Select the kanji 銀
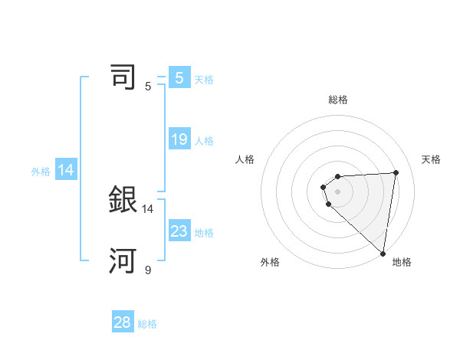pyautogui.click(x=123, y=200)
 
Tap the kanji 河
pyautogui.click(x=123, y=261)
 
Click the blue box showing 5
pyautogui.click(x=179, y=78)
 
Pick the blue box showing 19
pyautogui.click(x=179, y=139)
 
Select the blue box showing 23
pyautogui.click(x=179, y=231)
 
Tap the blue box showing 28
pyautogui.click(x=123, y=322)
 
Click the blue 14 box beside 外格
pyautogui.click(x=66, y=171)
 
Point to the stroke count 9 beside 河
pyautogui.click(x=148, y=270)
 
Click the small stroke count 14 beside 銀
pyautogui.click(x=148, y=208)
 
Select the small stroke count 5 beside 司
pyautogui.click(x=148, y=86)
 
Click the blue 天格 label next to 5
pyautogui.click(x=204, y=79)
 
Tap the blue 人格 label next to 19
pyautogui.click(x=204, y=141)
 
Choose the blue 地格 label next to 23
pyautogui.click(x=204, y=232)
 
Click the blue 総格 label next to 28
pyautogui.click(x=147, y=324)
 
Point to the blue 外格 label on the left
pyautogui.click(x=41, y=172)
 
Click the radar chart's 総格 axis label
pyautogui.click(x=338, y=100)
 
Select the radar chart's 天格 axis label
pyautogui.click(x=431, y=159)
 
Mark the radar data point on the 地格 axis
pyautogui.click(x=383, y=254)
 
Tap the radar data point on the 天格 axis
pyautogui.click(x=396, y=172)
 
